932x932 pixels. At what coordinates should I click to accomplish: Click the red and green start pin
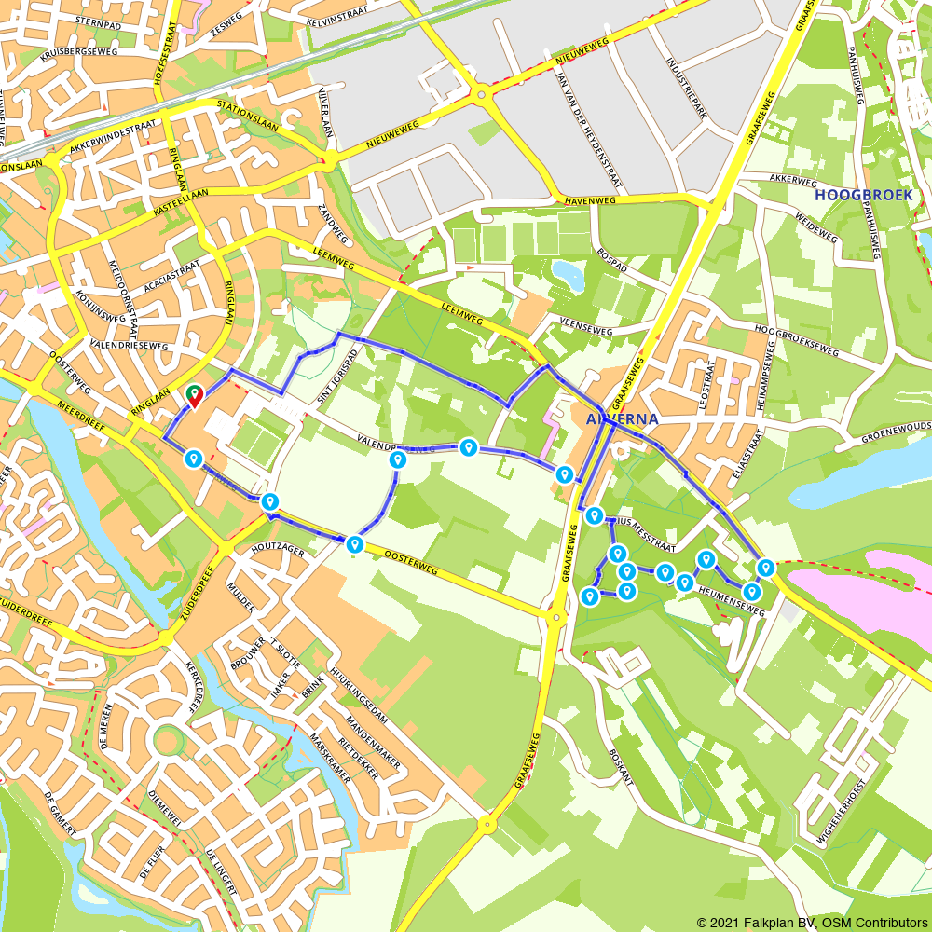point(195,396)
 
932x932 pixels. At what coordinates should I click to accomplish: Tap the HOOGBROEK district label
point(863,195)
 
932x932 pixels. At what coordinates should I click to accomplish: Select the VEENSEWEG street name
point(585,329)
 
